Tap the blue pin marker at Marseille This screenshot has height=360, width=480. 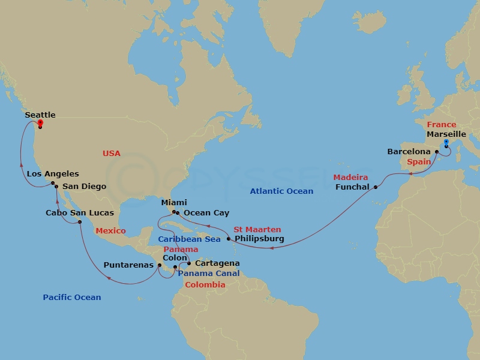[446, 143]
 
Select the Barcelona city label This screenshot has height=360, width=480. [409, 152]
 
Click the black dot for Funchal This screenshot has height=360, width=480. [376, 187]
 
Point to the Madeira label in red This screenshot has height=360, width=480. [351, 178]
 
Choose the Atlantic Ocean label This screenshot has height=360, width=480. [281, 191]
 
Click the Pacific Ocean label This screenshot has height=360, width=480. [72, 297]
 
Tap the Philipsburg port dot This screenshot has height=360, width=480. [229, 239]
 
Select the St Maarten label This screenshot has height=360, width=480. [257, 229]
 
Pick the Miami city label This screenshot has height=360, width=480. [174, 203]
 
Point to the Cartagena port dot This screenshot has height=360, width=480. [189, 263]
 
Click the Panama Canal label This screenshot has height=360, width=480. [209, 274]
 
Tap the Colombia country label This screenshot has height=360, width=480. [205, 284]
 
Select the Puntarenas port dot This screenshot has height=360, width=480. [159, 265]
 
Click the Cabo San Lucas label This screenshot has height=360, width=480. [80, 212]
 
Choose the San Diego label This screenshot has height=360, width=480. [85, 186]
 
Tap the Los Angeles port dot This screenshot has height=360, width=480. [53, 184]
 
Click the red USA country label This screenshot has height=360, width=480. [112, 153]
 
